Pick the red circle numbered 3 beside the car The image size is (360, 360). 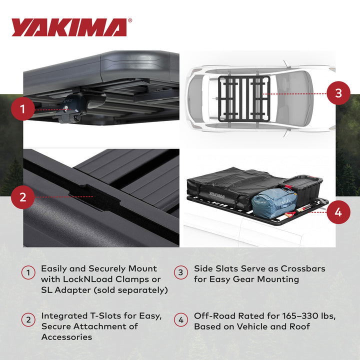click(338, 93)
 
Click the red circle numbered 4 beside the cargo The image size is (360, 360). click(338, 212)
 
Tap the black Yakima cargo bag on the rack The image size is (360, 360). click(225, 186)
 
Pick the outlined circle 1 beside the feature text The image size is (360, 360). click(28, 273)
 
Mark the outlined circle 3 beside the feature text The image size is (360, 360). click(180, 273)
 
